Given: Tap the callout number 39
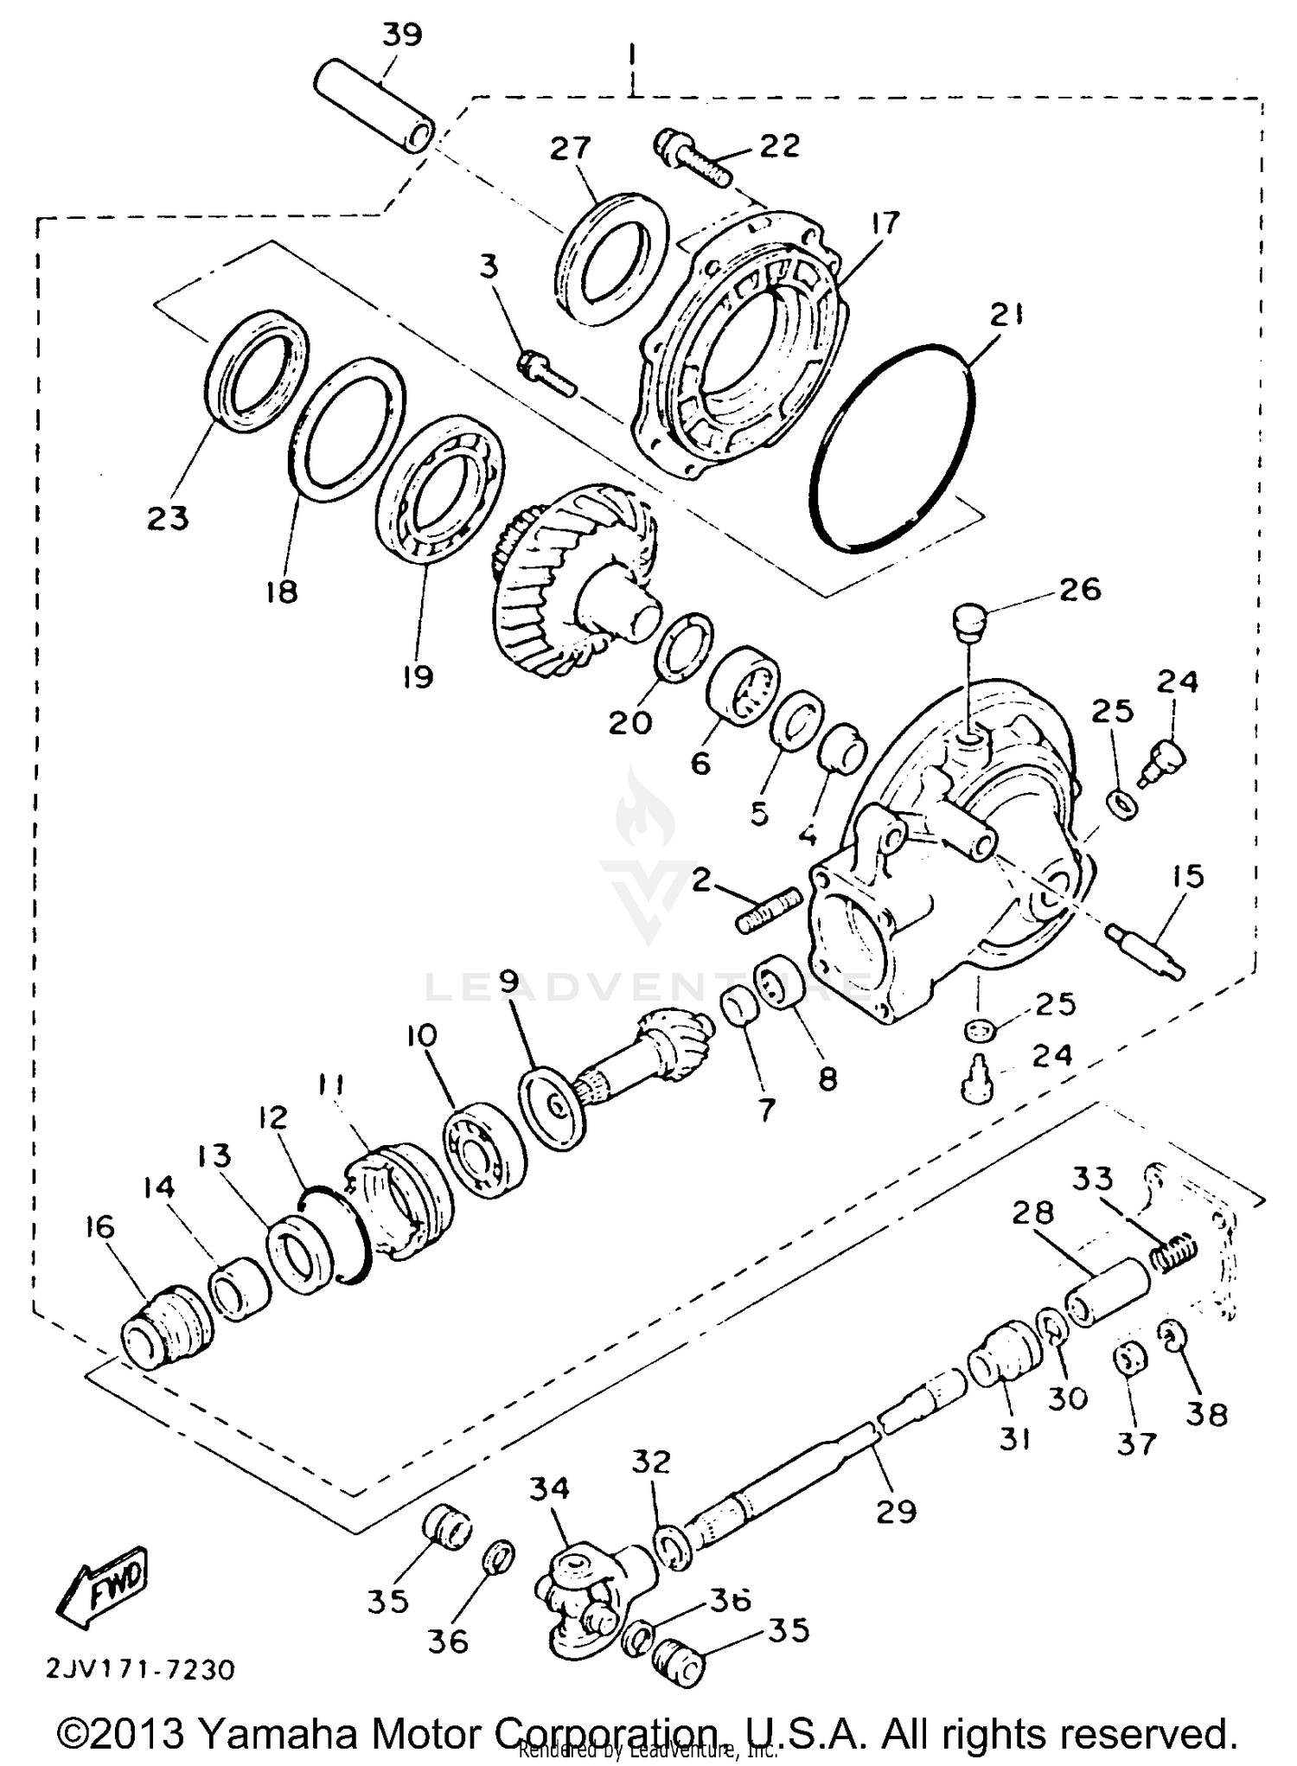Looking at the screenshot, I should [401, 35].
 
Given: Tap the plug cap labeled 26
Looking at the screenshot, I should [969, 622].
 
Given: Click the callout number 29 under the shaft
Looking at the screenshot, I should [895, 1511].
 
